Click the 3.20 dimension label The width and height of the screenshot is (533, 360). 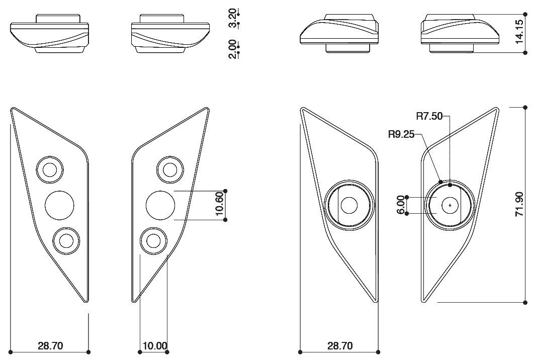(x=232, y=18)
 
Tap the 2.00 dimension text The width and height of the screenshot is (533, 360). (x=232, y=49)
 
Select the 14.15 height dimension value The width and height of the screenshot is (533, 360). (x=520, y=33)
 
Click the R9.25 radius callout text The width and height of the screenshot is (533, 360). (x=401, y=134)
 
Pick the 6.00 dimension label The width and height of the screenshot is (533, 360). (x=401, y=206)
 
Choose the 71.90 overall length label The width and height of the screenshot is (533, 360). (x=519, y=204)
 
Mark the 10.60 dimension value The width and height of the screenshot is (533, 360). (x=219, y=204)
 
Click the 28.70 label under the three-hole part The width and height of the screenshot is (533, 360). (x=50, y=346)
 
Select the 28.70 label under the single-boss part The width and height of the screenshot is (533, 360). (x=340, y=346)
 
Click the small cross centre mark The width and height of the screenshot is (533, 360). (x=450, y=205)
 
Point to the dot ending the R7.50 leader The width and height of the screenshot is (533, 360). (x=450, y=185)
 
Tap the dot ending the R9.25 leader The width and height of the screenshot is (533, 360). (x=440, y=181)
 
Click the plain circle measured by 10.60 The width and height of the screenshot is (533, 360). (x=160, y=205)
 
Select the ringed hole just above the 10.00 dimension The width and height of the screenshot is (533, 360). (x=154, y=241)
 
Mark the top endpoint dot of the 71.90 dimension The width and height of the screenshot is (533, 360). (x=525, y=107)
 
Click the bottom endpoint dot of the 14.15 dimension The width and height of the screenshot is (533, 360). (x=525, y=52)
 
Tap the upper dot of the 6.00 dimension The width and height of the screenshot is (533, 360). (x=407, y=198)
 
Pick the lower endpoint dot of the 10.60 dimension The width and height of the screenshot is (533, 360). (x=225, y=220)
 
